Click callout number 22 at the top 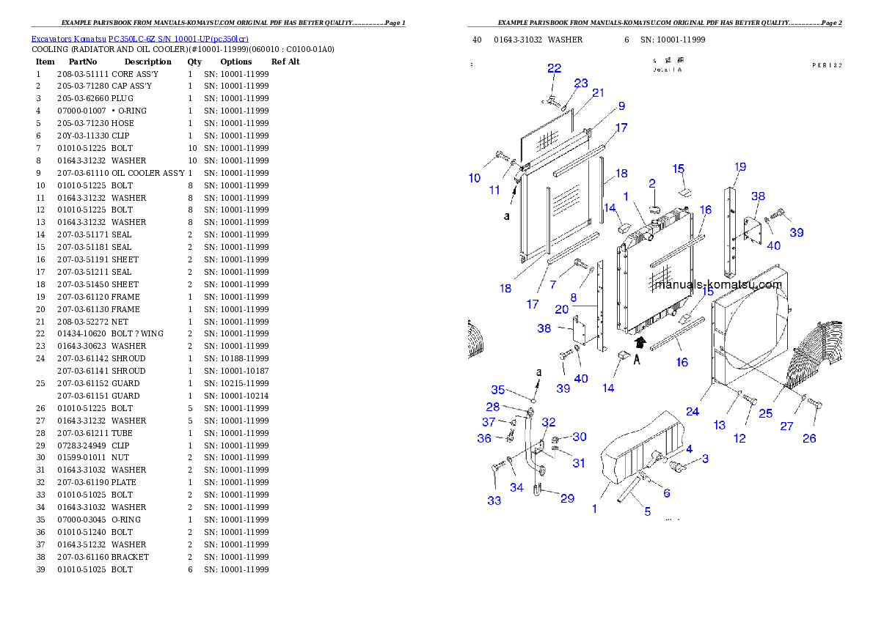pyautogui.click(x=554, y=68)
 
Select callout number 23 pyautogui.click(x=581, y=84)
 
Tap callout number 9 pyautogui.click(x=621, y=106)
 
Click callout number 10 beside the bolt pyautogui.click(x=475, y=178)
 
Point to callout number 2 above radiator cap pyautogui.click(x=651, y=182)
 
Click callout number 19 pyautogui.click(x=740, y=167)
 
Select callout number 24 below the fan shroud pyautogui.click(x=693, y=412)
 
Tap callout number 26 pyautogui.click(x=809, y=438)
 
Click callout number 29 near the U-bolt pyautogui.click(x=567, y=498)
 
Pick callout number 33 pyautogui.click(x=494, y=500)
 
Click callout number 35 pyautogui.click(x=498, y=390)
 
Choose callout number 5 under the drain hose pyautogui.click(x=647, y=511)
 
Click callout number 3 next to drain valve pyautogui.click(x=705, y=459)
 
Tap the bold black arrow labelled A pyautogui.click(x=640, y=341)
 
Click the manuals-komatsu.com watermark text pyautogui.click(x=718, y=285)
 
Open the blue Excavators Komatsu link pyautogui.click(x=139, y=39)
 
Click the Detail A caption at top pyautogui.click(x=668, y=70)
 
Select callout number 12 pyautogui.click(x=739, y=438)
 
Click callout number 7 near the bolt pyautogui.click(x=553, y=284)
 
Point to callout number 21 pyautogui.click(x=598, y=92)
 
